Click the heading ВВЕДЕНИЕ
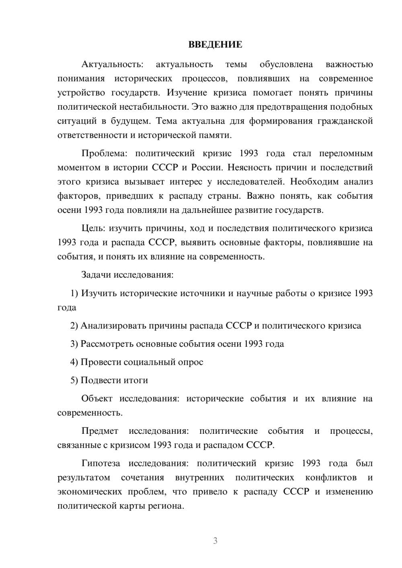coord(215,45)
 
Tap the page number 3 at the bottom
coord(215,541)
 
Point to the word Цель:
coord(93,229)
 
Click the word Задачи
coord(96,275)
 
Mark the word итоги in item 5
coord(136,380)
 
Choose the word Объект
coord(96,398)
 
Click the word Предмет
coord(100,431)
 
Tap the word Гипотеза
coord(100,463)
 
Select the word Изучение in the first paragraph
coord(187,93)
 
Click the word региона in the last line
coord(166,506)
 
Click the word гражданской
coord(345,121)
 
